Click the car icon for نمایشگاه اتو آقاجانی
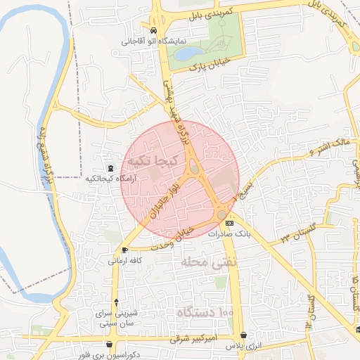(x=153, y=30)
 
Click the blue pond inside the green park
(x=186, y=53)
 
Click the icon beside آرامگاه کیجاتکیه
(x=110, y=169)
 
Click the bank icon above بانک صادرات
(x=229, y=223)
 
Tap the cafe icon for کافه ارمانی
(x=124, y=250)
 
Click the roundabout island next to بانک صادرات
(x=222, y=214)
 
